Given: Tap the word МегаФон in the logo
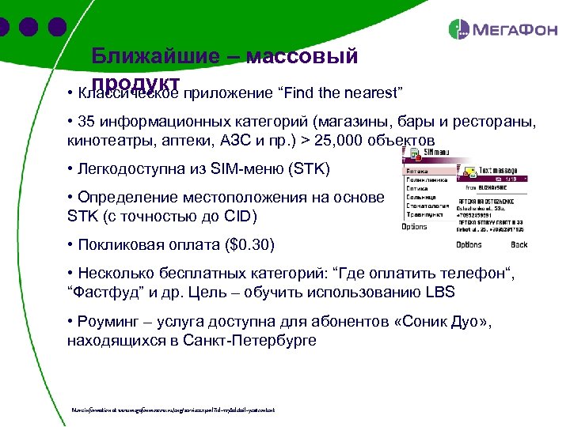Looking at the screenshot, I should coord(515,31).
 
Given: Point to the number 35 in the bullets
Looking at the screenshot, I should coord(86,123).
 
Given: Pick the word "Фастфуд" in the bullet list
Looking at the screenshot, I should coord(103,293).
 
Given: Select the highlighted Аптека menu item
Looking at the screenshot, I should coord(417,170).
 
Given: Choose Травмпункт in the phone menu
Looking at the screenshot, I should coord(426,213).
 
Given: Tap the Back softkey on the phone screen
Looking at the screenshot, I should coord(519,245).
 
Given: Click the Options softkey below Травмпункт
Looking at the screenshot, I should coord(414,226).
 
